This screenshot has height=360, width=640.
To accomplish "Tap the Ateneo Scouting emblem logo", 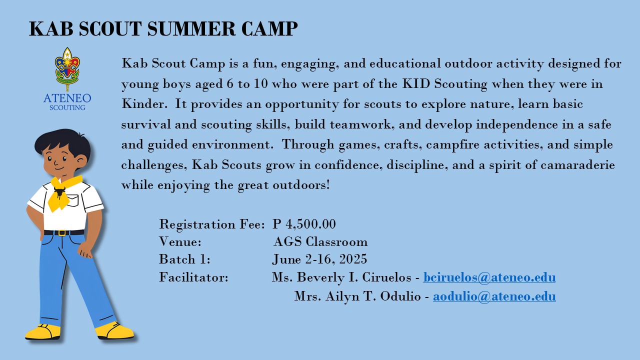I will click(x=67, y=67).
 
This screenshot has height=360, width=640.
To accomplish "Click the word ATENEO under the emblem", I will click(x=67, y=97).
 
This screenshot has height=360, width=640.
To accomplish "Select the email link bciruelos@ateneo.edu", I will click(x=489, y=277).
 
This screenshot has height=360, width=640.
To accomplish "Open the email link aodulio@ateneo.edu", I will click(x=494, y=296).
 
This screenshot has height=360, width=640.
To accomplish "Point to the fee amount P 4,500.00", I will click(x=304, y=223).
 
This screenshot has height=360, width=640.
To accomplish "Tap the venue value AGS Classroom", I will click(x=320, y=242).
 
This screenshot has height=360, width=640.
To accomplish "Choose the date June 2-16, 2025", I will click(x=319, y=259).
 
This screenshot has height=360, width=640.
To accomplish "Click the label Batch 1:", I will click(x=184, y=259).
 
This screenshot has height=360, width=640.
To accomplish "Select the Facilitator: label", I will click(x=193, y=277).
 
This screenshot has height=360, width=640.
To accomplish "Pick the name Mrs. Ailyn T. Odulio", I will click(x=357, y=296).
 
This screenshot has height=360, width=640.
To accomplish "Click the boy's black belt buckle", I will click(x=62, y=232).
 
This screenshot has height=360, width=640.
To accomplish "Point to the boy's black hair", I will click(x=62, y=141).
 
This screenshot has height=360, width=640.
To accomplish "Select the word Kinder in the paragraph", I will click(x=140, y=104).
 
